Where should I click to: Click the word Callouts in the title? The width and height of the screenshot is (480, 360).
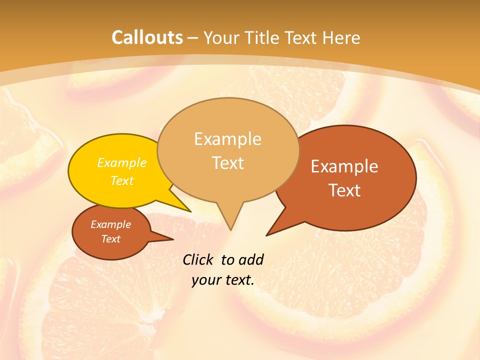tap(147, 37)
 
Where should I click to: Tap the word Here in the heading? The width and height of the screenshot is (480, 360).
tap(341, 38)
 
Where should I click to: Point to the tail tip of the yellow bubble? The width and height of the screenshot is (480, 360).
tap(190, 211)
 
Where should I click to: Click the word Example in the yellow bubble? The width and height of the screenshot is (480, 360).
tap(122, 163)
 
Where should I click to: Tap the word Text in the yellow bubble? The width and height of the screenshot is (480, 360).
tap(122, 180)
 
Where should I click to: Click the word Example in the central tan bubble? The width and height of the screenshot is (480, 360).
tap(227, 139)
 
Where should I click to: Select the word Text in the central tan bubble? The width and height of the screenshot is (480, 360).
tap(227, 163)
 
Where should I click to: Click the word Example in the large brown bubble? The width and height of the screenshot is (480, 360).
tap(344, 166)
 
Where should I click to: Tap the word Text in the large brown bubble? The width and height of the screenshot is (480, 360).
tap(344, 190)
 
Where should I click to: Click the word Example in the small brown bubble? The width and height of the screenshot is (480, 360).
tap(110, 224)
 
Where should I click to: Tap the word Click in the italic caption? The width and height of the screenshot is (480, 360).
tap(198, 259)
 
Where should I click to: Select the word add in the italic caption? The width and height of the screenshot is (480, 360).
tap(251, 259)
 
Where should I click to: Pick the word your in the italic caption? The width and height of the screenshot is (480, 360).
tap(205, 280)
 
